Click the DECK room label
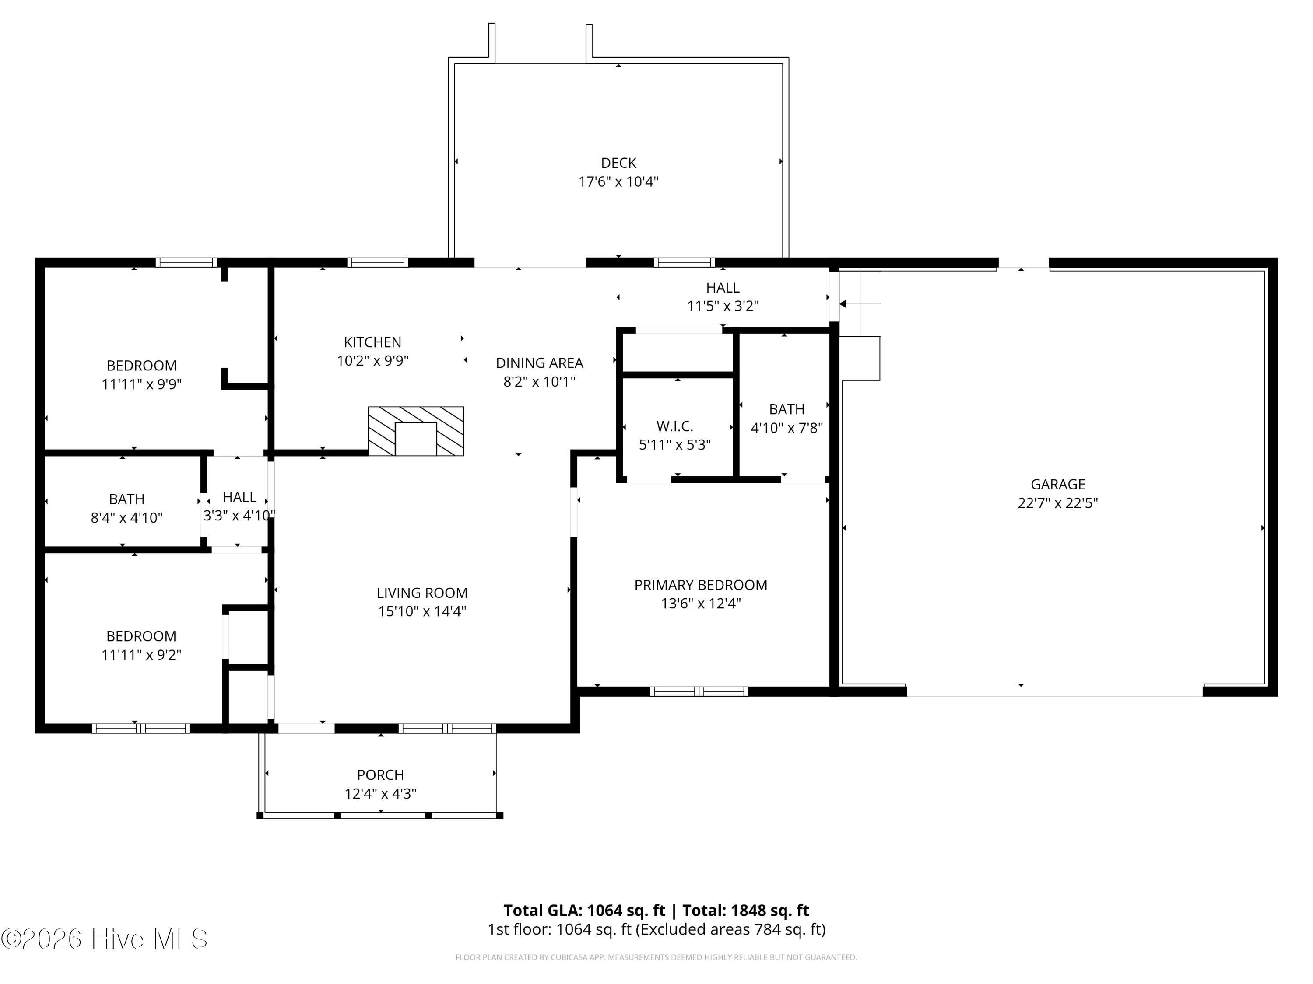[x=618, y=163]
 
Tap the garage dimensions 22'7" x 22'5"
[x=1058, y=503]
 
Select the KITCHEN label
[x=373, y=342]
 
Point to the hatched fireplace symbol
[x=415, y=431]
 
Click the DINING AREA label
[x=540, y=363]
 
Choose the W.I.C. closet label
[x=675, y=426]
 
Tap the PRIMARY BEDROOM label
[x=701, y=586]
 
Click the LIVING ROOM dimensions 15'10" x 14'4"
[x=423, y=611]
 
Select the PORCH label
[x=380, y=775]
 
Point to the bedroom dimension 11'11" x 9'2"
[x=141, y=655]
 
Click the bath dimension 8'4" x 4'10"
[x=126, y=518]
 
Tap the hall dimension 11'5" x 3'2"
[x=723, y=306]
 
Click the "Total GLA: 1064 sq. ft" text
[x=585, y=911]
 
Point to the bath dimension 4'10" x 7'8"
[x=787, y=428]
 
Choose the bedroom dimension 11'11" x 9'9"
[x=141, y=384]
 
